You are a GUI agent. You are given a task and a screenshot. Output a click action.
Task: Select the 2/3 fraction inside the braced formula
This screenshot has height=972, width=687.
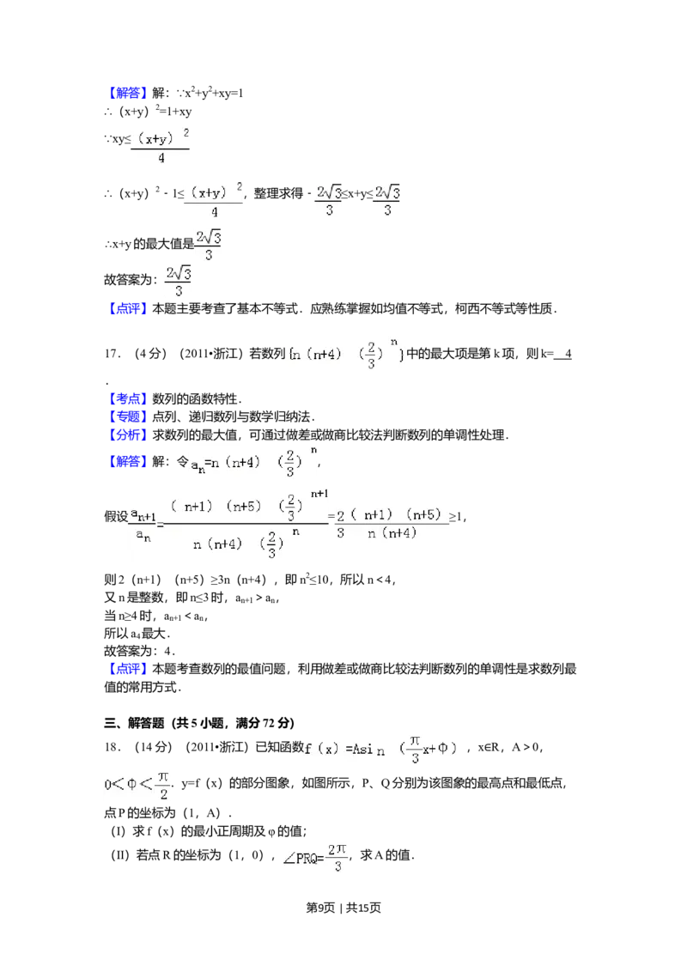tap(371, 355)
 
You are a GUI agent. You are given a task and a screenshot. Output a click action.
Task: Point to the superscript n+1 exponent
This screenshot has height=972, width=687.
tap(319, 493)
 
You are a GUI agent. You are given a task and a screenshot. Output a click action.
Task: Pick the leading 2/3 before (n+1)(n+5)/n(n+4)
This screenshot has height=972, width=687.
tap(341, 523)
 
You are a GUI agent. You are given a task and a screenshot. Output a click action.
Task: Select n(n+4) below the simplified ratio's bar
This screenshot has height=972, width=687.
tap(392, 533)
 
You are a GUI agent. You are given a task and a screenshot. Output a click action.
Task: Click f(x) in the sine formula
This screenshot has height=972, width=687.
tap(323, 749)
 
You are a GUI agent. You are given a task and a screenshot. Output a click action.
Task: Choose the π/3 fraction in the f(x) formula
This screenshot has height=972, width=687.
tap(416, 749)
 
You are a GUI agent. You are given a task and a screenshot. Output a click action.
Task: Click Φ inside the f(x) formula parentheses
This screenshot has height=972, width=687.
tap(443, 749)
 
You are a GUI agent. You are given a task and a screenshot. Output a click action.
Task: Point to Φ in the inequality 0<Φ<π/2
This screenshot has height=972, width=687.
tap(131, 785)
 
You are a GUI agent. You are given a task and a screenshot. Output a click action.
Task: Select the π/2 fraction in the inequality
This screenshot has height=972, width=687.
tap(163, 786)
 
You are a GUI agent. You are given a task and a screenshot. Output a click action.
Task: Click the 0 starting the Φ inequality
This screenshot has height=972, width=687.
tap(108, 785)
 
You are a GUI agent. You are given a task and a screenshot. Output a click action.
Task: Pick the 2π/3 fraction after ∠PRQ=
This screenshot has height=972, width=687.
tap(339, 859)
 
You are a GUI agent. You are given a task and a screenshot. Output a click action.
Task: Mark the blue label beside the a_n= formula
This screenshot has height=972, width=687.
tap(130, 464)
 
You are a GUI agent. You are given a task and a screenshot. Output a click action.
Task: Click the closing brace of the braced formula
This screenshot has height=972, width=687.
tap(402, 354)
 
